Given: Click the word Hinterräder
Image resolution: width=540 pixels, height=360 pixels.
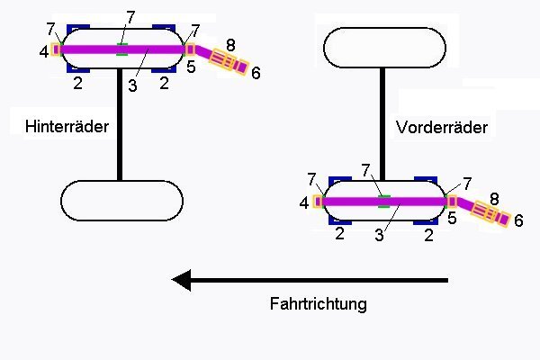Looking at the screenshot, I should point(61,127).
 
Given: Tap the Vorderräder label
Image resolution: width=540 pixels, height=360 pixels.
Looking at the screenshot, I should point(441,128).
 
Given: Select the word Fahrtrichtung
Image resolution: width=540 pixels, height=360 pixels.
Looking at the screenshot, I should point(318,303).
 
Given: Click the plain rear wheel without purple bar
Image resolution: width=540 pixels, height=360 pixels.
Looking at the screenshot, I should point(121,200).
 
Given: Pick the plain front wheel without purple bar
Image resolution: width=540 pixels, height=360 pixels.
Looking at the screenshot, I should point(384,48).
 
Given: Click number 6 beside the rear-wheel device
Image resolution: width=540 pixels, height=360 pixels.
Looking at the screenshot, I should point(256,74).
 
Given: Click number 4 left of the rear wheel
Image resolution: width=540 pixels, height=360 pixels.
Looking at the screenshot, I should point(44,52).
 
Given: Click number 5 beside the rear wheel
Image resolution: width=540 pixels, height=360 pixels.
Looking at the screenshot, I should point(191,67).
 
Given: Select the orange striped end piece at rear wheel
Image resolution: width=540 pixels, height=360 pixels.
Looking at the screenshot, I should point(229,61).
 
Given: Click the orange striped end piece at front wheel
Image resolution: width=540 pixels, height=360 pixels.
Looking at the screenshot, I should point(491,213).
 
